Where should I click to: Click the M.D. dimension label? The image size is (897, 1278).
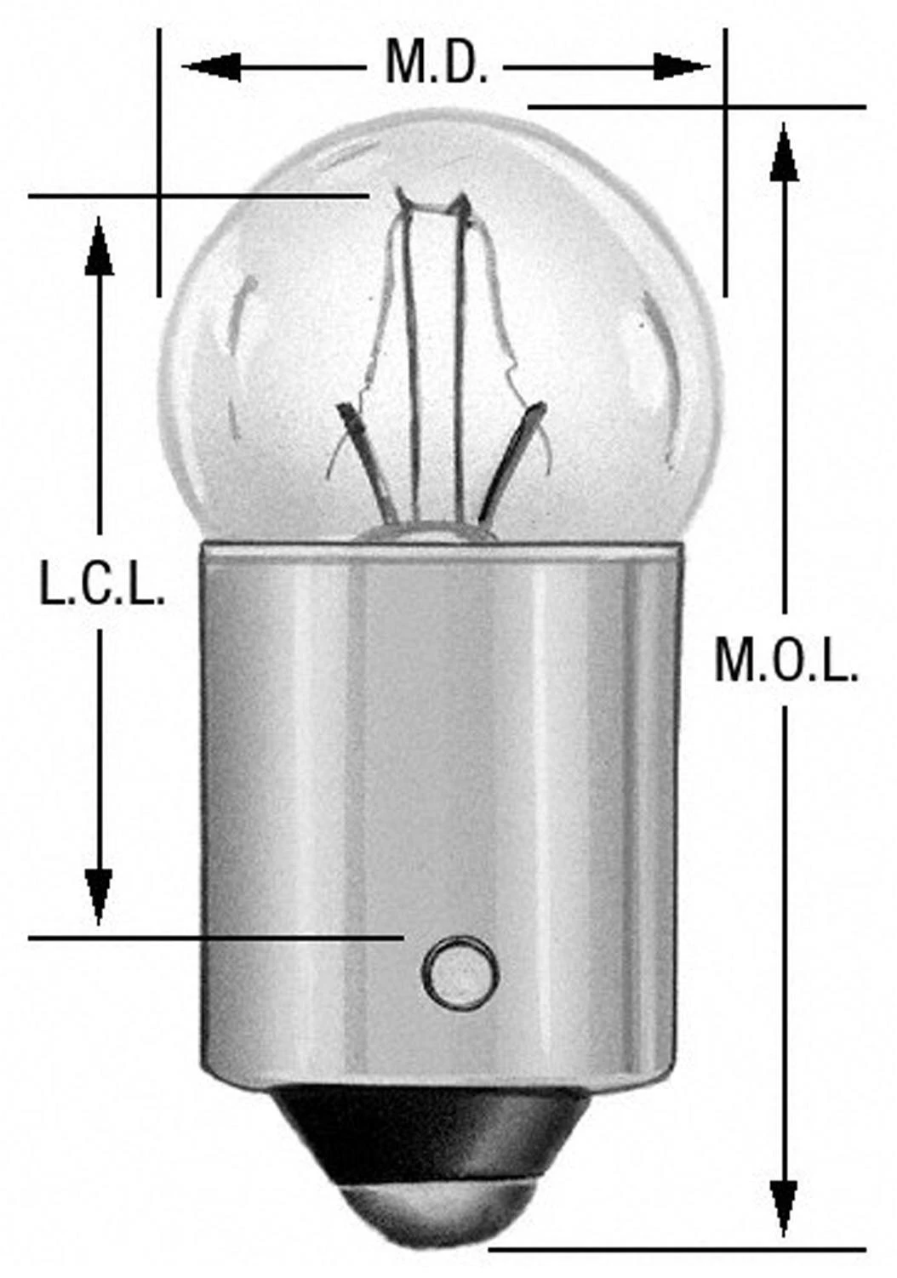436,65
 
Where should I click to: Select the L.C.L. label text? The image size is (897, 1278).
102,586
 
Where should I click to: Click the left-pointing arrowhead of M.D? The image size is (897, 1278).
209,65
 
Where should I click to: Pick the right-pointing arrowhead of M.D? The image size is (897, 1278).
681,65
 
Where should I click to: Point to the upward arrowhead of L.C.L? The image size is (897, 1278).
100,247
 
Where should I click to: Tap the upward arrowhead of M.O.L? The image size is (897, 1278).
784,153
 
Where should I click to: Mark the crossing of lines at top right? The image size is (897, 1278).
725,107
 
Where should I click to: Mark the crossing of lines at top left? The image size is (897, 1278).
158,197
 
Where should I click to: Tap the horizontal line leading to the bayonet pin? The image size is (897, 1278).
213,938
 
